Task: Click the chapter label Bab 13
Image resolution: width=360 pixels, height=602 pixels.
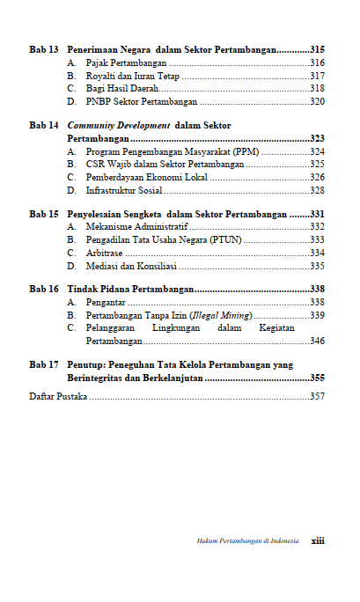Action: tap(43, 49)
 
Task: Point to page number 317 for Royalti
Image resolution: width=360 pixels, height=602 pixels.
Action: tap(318, 76)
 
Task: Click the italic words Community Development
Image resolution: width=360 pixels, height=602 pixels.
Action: tap(119, 126)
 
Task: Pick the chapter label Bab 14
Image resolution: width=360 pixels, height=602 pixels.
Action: tap(43, 126)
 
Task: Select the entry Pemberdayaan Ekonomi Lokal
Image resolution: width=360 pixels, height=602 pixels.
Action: tap(147, 177)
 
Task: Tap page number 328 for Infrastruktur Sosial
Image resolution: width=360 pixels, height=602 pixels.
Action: tap(318, 190)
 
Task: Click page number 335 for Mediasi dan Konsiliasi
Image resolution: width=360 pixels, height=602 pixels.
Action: tap(318, 265)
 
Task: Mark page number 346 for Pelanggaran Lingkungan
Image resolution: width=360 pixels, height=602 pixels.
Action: tap(318, 340)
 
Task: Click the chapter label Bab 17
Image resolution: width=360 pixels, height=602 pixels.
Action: tap(43, 363)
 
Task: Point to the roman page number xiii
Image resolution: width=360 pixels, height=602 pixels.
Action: tap(318, 541)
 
